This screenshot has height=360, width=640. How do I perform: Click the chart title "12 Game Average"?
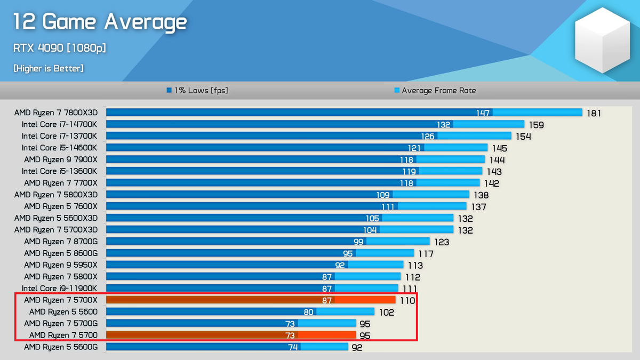coord(100,22)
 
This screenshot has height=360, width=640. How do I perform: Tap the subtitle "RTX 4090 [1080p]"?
coord(60,48)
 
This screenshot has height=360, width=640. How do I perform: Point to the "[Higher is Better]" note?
coord(49,68)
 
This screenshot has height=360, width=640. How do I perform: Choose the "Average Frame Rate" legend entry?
coord(434,91)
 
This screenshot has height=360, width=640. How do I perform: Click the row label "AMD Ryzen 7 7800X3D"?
coord(56,113)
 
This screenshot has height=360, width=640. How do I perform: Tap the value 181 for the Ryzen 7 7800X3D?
coord(594,113)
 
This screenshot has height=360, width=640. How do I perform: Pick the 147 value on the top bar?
coord(483,113)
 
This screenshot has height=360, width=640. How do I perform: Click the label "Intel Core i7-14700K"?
coord(60,124)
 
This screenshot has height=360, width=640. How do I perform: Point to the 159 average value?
coord(536,125)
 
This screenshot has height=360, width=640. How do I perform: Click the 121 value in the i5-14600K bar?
coord(414,148)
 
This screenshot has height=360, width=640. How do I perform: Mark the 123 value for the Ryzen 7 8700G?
coord(442,242)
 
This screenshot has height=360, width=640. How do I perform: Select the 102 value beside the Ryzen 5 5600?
coord(386,313)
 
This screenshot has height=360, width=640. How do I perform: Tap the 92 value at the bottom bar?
coord(357,348)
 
